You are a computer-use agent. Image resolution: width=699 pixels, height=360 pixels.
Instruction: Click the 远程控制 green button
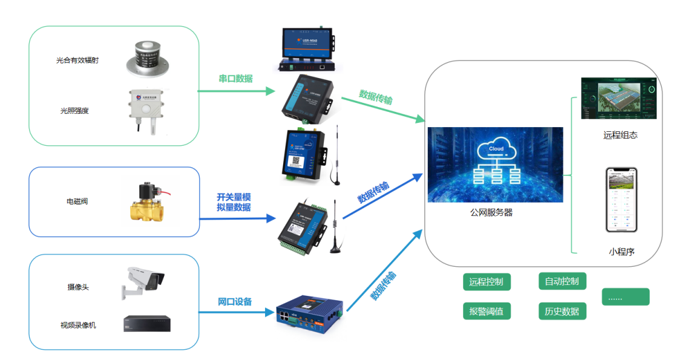point(486,281)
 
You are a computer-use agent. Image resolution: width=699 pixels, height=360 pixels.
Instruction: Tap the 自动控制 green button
point(562,281)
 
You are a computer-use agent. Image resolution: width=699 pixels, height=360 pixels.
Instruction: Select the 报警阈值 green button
point(486,312)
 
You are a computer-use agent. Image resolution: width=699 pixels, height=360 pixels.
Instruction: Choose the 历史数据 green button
point(562,312)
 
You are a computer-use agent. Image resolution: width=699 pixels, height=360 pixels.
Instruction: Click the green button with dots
point(625,297)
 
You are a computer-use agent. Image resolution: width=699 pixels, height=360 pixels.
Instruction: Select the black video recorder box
point(147,323)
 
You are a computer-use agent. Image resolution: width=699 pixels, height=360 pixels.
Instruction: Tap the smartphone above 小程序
point(622,200)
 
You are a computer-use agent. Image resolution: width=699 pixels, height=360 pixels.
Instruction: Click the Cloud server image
point(495,165)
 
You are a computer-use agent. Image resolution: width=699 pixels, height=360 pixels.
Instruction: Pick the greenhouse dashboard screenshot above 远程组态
point(618,99)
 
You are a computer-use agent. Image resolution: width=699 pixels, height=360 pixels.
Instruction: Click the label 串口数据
point(235,79)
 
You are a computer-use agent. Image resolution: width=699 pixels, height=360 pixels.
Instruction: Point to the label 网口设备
point(235,302)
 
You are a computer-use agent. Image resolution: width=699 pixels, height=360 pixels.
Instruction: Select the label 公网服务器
point(491,213)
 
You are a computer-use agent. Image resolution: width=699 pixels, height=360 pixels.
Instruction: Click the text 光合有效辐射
point(77,60)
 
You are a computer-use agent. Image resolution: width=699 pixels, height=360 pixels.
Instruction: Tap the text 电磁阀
point(77,201)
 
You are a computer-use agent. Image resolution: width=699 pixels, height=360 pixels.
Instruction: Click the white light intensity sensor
point(145,109)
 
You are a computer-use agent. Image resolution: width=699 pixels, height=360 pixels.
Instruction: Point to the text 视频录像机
point(78,326)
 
